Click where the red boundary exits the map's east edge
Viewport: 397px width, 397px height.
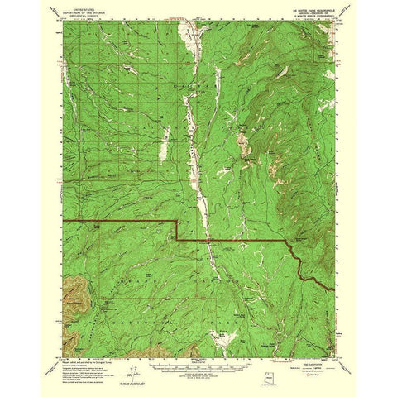coord(332,288)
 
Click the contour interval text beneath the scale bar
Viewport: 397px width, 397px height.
coord(198,361)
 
